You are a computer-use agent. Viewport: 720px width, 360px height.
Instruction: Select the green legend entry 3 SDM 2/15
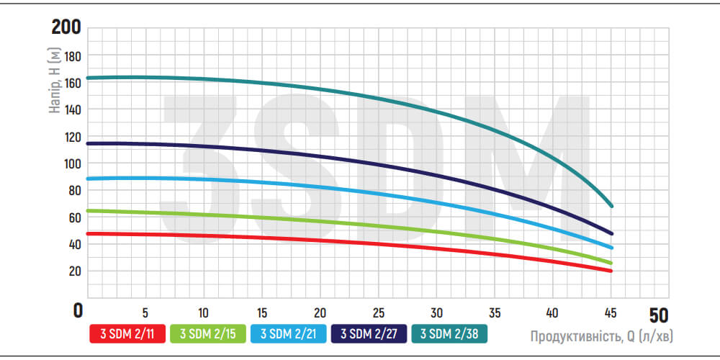point(207,333)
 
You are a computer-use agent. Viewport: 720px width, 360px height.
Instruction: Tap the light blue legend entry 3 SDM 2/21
point(288,333)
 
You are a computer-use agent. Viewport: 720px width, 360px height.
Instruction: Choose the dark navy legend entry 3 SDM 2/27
point(368,333)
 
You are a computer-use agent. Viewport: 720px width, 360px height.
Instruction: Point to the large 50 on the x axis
point(658,315)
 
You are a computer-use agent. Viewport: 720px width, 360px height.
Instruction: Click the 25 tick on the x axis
point(379,313)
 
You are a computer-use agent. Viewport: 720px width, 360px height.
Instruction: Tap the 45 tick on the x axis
point(611,313)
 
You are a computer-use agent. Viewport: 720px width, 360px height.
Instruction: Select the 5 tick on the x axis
point(146,313)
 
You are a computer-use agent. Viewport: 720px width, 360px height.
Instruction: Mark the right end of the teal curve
point(611,206)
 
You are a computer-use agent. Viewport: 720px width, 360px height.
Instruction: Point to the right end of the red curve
point(611,271)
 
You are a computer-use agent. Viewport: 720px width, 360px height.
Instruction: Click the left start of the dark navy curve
point(89,144)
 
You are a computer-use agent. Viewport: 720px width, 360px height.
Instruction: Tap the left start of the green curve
point(89,211)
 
